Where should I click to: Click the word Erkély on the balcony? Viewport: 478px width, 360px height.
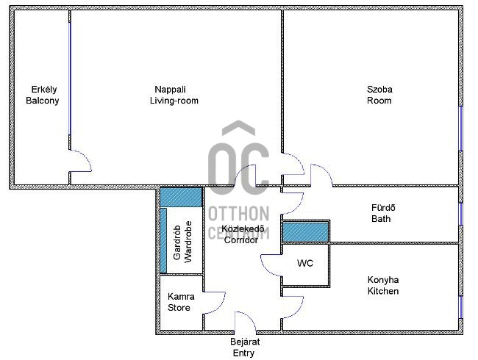coord(44,90)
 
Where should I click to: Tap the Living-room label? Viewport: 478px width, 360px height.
coord(174,101)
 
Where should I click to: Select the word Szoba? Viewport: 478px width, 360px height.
coord(379,90)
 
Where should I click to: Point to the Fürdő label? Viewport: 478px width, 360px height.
coord(383,208)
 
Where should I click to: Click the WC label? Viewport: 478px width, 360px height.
coord(305,263)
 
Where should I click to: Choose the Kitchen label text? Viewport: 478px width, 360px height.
coord(383,291)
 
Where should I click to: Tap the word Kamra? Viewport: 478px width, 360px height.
coord(181,296)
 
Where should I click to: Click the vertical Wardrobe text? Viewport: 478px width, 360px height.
coord(188,242)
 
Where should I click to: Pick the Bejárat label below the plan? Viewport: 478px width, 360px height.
coord(245,342)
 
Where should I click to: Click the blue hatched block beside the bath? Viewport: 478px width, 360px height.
coord(305,232)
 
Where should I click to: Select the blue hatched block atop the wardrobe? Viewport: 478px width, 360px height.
coord(181,198)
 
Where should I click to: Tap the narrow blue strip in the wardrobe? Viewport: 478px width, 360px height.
coord(163,240)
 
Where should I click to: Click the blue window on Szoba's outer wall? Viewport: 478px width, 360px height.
coord(461,129)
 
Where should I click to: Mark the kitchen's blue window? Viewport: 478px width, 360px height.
coord(461,307)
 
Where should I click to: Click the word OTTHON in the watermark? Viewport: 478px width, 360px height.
coord(239,214)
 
